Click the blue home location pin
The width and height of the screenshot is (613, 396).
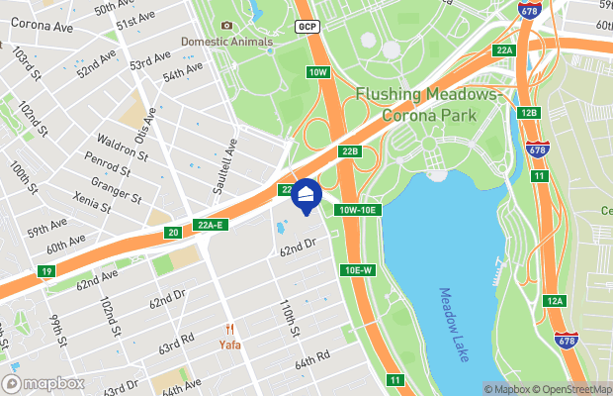(x=306, y=196)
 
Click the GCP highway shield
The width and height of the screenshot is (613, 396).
(x=306, y=26)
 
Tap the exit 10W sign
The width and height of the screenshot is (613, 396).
(x=317, y=72)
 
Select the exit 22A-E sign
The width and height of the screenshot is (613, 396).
(x=211, y=225)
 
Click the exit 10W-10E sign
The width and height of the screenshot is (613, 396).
(x=358, y=210)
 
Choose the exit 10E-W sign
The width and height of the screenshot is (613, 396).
(x=358, y=270)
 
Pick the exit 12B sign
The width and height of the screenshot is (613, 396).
(x=529, y=113)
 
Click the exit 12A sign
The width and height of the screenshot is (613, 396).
(x=555, y=301)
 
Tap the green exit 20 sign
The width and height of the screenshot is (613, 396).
(x=173, y=233)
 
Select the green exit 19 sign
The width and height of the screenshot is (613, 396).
(x=46, y=271)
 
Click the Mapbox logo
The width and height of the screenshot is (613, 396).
(x=44, y=382)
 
